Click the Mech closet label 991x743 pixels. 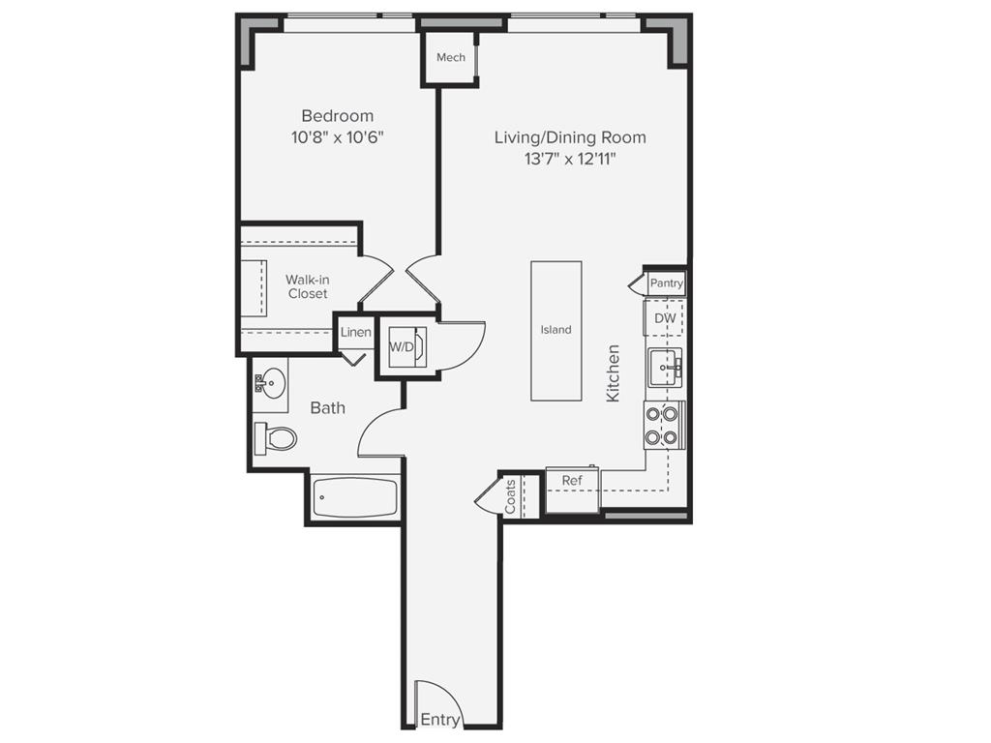click(x=450, y=58)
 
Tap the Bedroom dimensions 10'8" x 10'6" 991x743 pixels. click(x=337, y=137)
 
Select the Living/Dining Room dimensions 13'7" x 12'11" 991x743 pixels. click(x=570, y=159)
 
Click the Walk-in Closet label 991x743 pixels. click(x=307, y=286)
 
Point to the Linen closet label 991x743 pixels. click(x=355, y=333)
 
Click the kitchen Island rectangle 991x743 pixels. click(x=556, y=330)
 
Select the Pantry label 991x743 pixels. click(x=666, y=283)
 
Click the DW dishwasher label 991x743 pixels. click(x=665, y=318)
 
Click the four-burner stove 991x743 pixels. click(x=664, y=425)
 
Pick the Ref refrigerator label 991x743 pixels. click(x=572, y=481)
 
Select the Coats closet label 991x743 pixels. click(x=510, y=496)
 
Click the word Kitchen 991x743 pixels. click(x=613, y=373)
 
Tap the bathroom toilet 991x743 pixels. click(x=276, y=438)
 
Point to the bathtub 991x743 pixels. click(x=354, y=499)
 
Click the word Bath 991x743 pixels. click(x=327, y=408)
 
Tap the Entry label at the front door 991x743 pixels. click(x=439, y=720)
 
